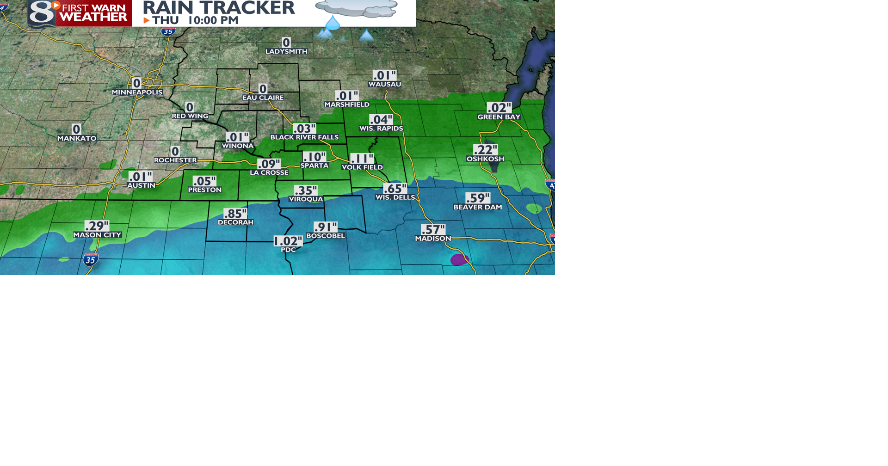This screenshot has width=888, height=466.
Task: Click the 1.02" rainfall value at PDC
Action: click(288, 241)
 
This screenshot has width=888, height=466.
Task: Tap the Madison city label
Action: click(433, 239)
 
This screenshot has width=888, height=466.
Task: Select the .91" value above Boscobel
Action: click(326, 227)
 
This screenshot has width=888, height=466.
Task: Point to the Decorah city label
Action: click(235, 222)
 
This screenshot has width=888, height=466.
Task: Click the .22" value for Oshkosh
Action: click(485, 150)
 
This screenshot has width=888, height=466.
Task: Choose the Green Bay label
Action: click(499, 117)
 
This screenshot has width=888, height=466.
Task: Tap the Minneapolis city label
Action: click(137, 92)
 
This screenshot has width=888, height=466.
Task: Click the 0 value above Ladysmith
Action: click(286, 43)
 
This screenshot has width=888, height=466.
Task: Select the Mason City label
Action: click(97, 235)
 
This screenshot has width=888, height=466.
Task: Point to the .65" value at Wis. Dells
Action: click(395, 189)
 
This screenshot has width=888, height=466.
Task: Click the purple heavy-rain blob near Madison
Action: click(459, 259)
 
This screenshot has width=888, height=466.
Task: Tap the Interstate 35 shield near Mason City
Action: click(91, 260)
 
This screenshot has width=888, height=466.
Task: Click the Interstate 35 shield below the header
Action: click(168, 31)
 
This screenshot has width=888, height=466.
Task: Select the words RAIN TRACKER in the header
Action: click(218, 7)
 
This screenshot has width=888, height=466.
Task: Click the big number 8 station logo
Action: click(42, 13)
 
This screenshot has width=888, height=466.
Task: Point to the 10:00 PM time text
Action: click(213, 20)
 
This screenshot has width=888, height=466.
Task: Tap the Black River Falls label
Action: click(304, 137)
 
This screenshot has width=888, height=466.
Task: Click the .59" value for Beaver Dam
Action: click(477, 198)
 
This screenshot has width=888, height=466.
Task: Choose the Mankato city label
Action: click(77, 138)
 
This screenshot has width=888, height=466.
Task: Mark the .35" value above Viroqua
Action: click(306, 190)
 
